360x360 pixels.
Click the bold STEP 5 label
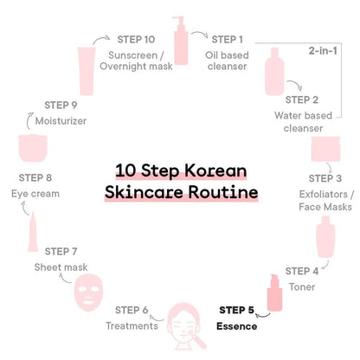tap(236, 310)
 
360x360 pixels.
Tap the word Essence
tap(237, 326)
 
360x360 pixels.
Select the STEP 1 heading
tap(228, 40)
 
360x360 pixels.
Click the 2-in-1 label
tap(323, 51)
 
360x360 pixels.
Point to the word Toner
tap(302, 287)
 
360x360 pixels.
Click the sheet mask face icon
tap(88, 292)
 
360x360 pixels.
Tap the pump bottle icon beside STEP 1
tap(181, 41)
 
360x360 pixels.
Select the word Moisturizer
tap(61, 121)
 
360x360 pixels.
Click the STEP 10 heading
tap(136, 40)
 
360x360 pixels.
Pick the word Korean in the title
tap(215, 170)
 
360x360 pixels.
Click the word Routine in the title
tap(223, 192)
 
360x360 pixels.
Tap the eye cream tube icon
tap(33, 232)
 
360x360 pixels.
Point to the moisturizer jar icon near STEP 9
tap(33, 148)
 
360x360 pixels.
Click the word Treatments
tap(132, 326)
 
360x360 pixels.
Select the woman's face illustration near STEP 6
tap(184, 326)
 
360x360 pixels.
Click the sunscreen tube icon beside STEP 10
tap(87, 71)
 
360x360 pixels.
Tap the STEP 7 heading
tap(61, 252)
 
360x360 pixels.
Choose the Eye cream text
tap(35, 194)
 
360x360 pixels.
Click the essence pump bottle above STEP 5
tap(274, 292)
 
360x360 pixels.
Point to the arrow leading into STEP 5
tap(263, 315)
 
